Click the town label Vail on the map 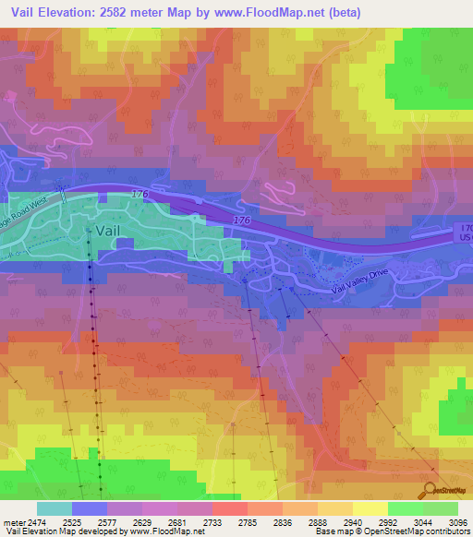[109, 231]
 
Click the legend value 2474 [38, 523]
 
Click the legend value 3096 [457, 523]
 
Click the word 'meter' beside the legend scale [14, 523]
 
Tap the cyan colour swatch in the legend [55, 508]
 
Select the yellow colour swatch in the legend [370, 508]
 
